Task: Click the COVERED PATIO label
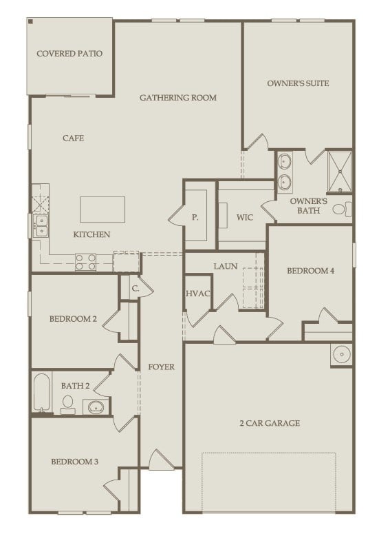click(x=69, y=54)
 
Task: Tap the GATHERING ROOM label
click(x=177, y=98)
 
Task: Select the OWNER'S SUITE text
click(x=298, y=83)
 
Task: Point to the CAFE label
click(x=73, y=138)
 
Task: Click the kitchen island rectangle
click(x=102, y=209)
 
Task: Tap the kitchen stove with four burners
click(x=85, y=261)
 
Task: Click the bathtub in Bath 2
click(x=42, y=393)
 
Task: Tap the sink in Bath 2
click(x=94, y=407)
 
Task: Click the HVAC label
click(x=197, y=294)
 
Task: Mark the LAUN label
click(x=225, y=266)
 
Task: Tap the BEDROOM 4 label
click(x=310, y=271)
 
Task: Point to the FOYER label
click(x=161, y=367)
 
